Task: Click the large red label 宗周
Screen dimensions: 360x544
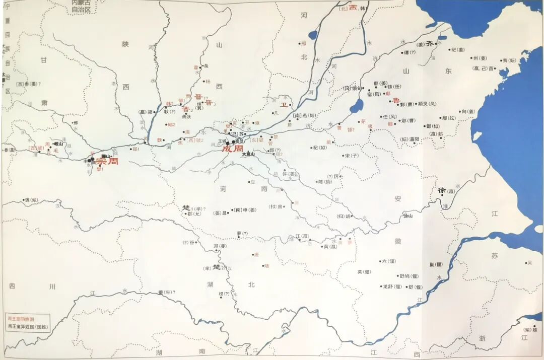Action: pyautogui.click(x=108, y=162)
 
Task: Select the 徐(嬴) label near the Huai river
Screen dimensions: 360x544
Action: pyautogui.click(x=445, y=191)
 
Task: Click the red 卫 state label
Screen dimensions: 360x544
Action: pyautogui.click(x=283, y=105)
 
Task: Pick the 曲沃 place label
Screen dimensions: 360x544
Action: pyautogui.click(x=186, y=116)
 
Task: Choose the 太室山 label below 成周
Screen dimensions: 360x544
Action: pyautogui.click(x=249, y=154)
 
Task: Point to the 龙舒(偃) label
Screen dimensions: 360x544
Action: pyautogui.click(x=392, y=286)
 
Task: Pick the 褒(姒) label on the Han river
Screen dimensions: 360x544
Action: pyautogui.click(x=31, y=200)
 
